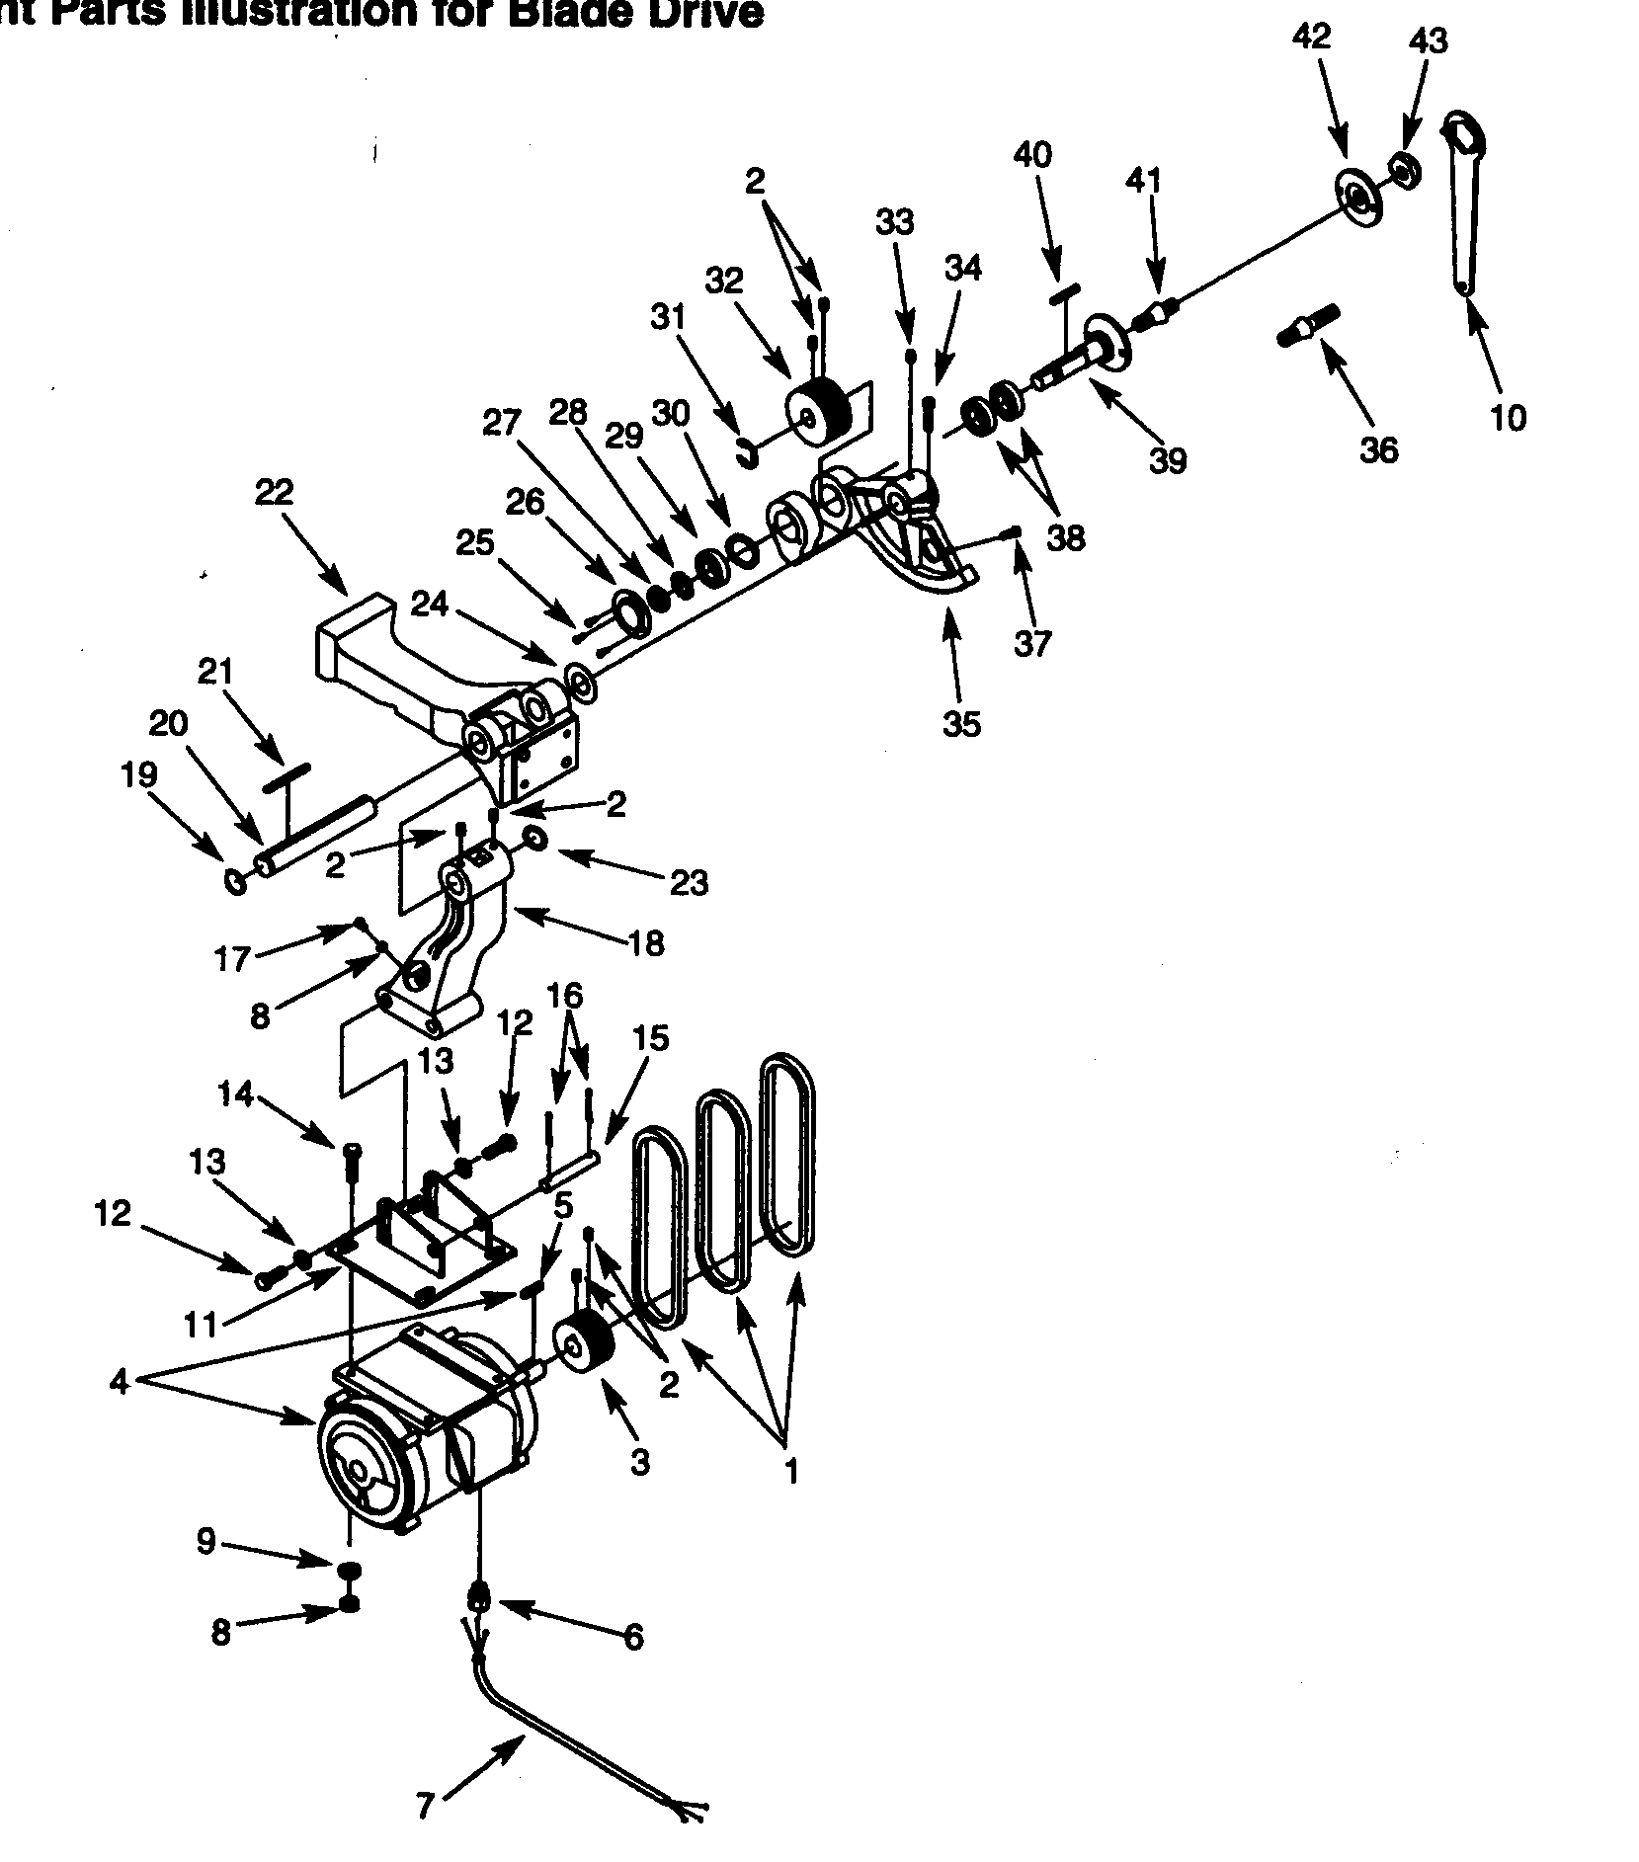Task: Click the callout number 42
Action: click(1311, 37)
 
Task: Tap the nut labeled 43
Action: click(1403, 170)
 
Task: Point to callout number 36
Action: click(1379, 450)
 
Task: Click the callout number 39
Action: click(1168, 461)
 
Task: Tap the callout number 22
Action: click(274, 492)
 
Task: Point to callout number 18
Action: click(646, 944)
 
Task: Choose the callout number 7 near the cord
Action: click(425, 1806)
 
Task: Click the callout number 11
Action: click(201, 1325)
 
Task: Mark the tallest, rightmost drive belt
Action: click(788, 1155)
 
